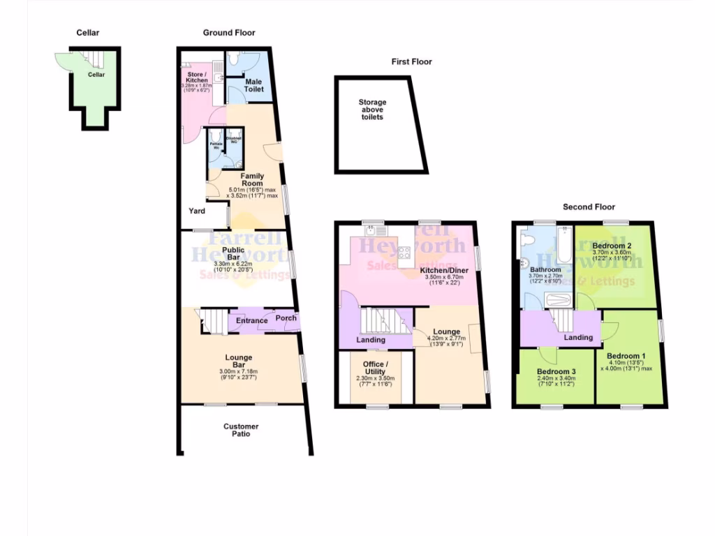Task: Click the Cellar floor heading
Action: point(88,32)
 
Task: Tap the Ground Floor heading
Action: point(229,32)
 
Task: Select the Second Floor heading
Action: point(589,207)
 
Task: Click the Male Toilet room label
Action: point(253,86)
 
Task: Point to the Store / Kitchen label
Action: point(195,77)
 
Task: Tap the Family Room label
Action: point(251,179)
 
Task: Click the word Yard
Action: point(196,210)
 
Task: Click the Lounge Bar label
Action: point(239,362)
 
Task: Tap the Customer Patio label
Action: point(241,430)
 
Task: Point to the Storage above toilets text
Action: point(372,110)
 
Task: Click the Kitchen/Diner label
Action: point(444,270)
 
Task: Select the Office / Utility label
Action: point(374,368)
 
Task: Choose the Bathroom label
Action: point(545,269)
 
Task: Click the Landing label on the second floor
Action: point(578,337)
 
